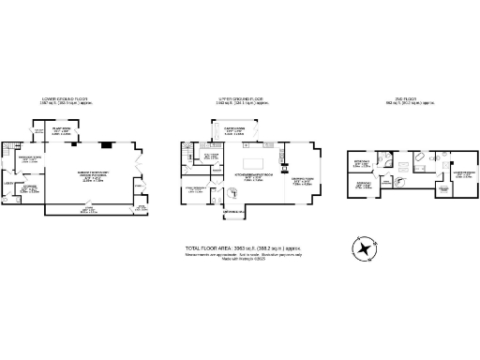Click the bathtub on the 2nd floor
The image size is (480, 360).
[419, 157]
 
